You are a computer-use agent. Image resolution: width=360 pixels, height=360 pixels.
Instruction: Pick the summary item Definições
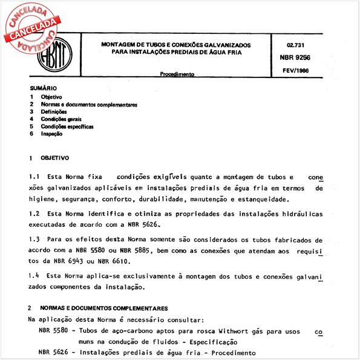(x=54, y=112)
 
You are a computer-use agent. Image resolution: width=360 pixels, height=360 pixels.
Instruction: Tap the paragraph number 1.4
(x=34, y=276)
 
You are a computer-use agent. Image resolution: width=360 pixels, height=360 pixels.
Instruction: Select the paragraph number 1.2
(x=34, y=214)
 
